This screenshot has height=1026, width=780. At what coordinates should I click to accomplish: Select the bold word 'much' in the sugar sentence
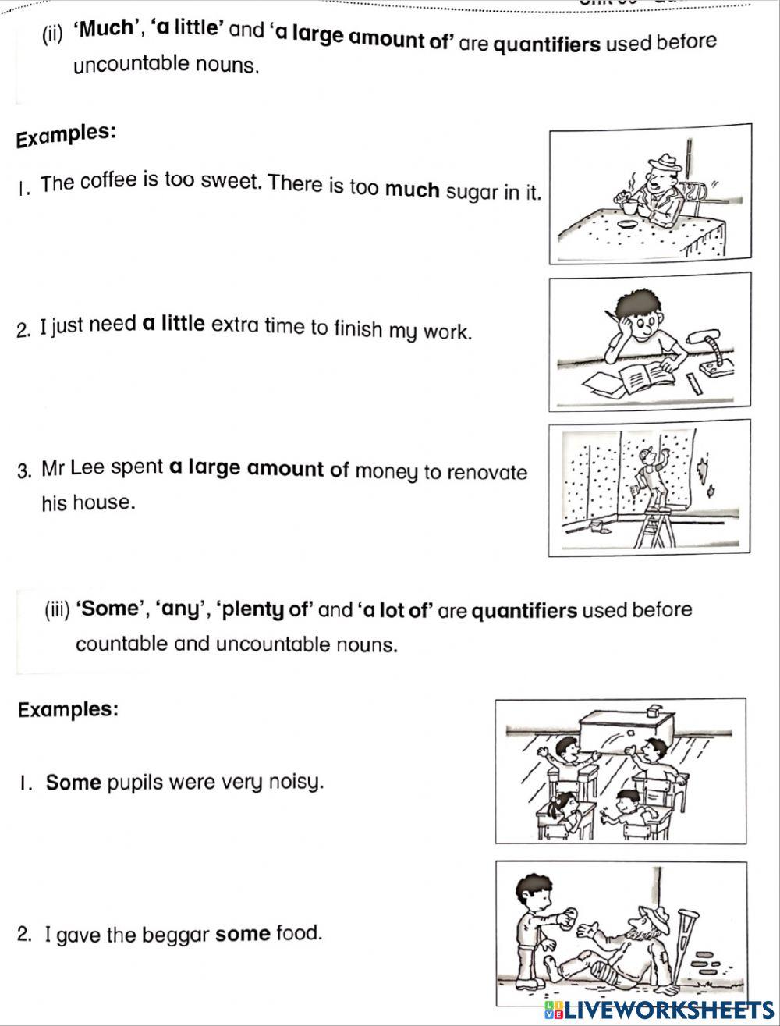[x=413, y=190]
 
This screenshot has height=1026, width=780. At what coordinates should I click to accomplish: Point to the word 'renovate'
[x=490, y=473]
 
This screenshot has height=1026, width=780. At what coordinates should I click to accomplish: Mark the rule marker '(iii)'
[x=58, y=609]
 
